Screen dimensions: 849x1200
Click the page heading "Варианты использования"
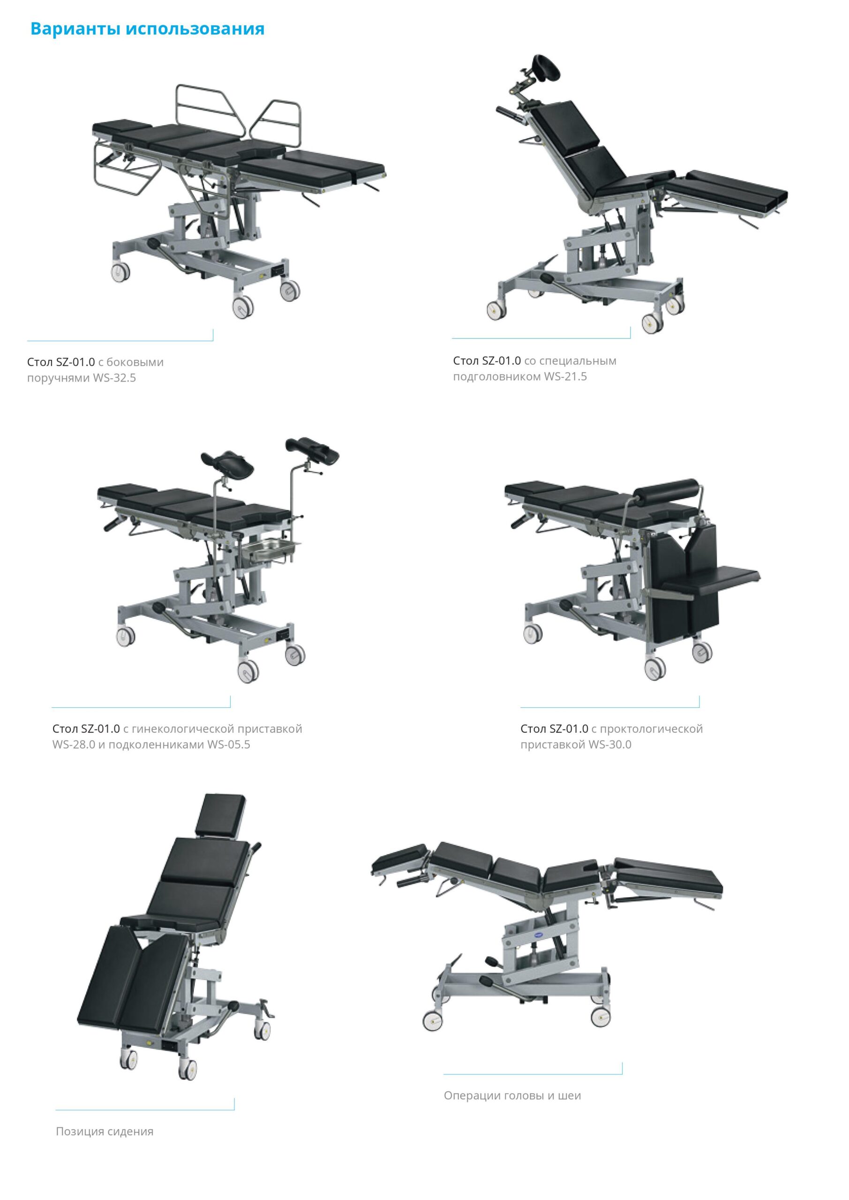click(147, 29)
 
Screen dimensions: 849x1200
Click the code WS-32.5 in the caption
click(114, 378)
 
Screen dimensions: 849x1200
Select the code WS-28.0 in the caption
click(74, 744)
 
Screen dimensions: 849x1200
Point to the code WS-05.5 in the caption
click(228, 744)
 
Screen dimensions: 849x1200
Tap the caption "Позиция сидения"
click(105, 1132)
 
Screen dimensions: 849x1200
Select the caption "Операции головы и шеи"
click(512, 1095)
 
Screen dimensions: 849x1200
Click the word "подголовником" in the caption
click(496, 377)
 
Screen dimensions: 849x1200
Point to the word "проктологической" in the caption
click(651, 728)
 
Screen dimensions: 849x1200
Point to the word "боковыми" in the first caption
click(135, 362)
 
